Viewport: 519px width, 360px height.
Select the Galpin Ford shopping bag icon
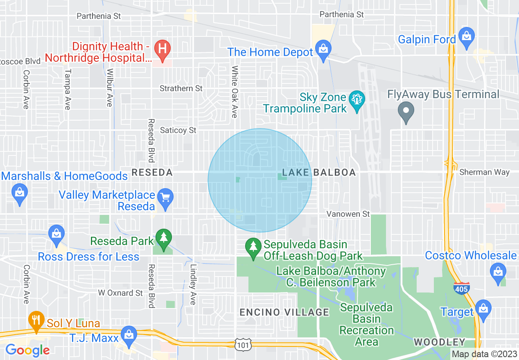467,36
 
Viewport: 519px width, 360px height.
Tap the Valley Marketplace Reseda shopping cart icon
165,198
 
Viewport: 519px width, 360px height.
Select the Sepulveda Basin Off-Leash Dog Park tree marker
253,247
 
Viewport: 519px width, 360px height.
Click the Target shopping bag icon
483,309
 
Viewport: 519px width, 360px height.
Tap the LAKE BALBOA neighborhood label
319,173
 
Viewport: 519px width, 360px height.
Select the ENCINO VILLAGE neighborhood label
284,313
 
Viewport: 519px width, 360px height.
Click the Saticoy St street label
178,130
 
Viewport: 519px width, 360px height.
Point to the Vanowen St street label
348,214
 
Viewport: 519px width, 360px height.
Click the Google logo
27,350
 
